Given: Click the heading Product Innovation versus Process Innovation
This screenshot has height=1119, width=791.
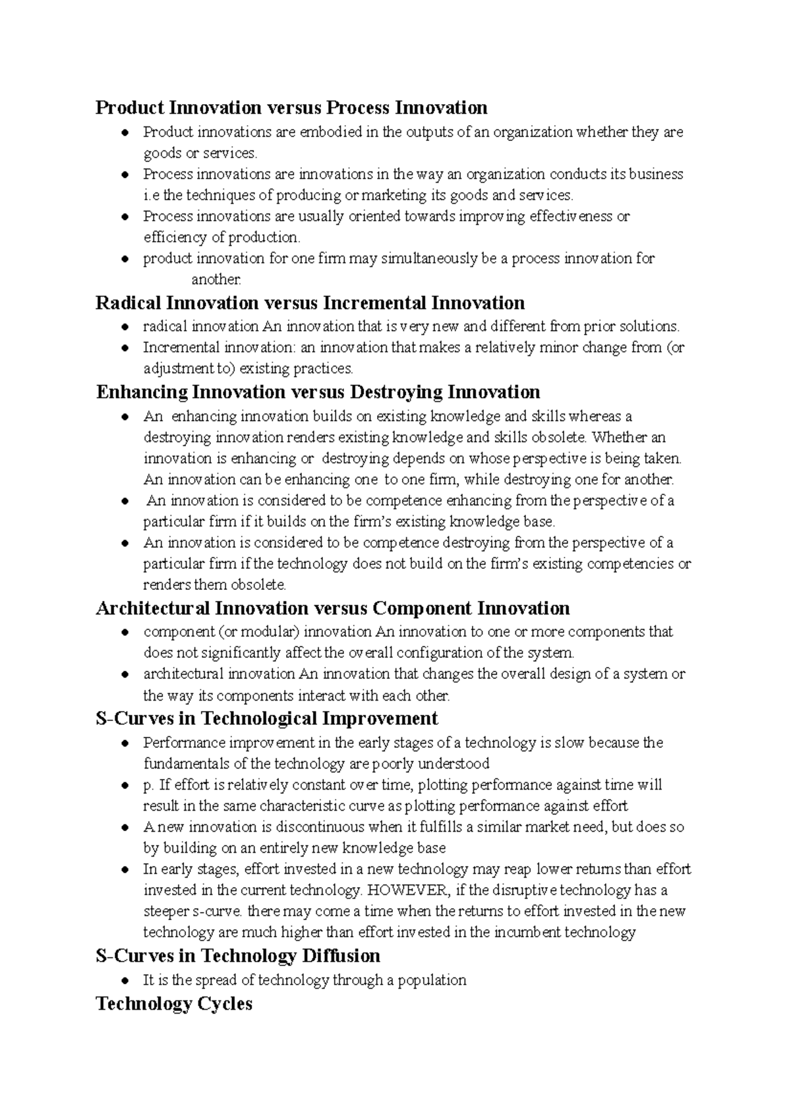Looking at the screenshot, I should [x=291, y=107].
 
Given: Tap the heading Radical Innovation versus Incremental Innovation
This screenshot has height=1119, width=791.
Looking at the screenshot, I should [x=310, y=303].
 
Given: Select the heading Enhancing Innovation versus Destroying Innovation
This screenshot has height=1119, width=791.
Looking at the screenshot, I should [x=318, y=392].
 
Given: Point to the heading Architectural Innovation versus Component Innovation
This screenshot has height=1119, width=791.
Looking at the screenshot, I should [x=333, y=608].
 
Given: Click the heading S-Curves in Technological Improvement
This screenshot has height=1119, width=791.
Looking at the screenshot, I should [x=267, y=718].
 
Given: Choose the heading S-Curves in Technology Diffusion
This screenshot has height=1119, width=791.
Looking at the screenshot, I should [x=238, y=956].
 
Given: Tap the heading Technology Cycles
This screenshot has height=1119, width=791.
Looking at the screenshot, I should [x=174, y=1004].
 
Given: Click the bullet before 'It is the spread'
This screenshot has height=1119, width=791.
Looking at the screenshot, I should [x=125, y=981].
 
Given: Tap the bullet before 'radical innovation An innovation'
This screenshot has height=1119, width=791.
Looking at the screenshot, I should [x=125, y=327].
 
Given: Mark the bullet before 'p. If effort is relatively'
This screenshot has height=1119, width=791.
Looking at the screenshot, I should [x=125, y=786].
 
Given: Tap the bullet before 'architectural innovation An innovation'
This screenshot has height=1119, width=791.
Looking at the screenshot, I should [x=125, y=675].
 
